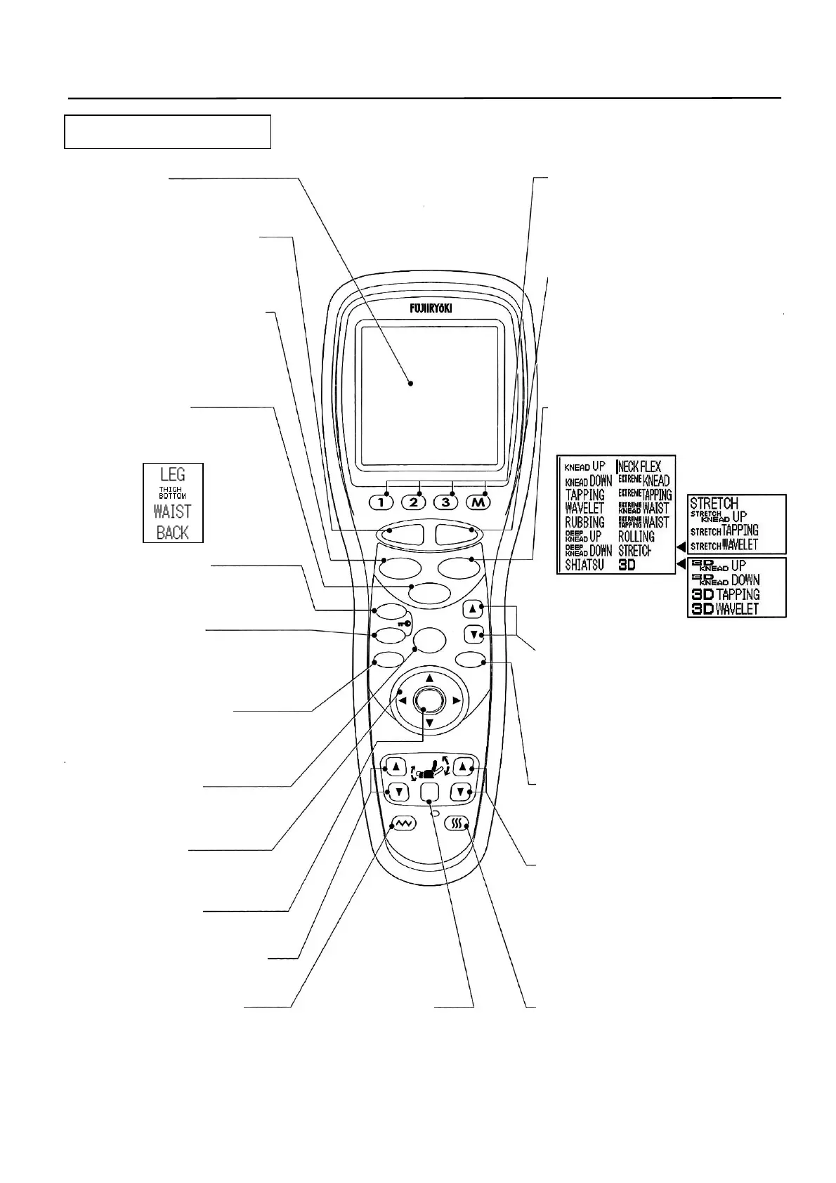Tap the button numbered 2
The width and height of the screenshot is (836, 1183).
click(x=414, y=502)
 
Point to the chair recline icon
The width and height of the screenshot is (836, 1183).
click(x=429, y=771)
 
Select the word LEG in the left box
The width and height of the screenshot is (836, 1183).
click(x=173, y=475)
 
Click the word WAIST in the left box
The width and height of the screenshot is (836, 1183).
click(x=173, y=511)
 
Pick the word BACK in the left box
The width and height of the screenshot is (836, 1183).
click(x=173, y=532)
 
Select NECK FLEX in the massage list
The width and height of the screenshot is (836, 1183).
click(x=639, y=466)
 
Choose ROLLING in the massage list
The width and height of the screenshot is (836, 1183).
click(x=636, y=536)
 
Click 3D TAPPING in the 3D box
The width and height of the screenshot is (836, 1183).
click(x=726, y=594)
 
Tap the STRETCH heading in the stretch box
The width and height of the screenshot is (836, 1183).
click(x=714, y=503)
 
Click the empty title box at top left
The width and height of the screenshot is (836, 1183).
click(x=167, y=131)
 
